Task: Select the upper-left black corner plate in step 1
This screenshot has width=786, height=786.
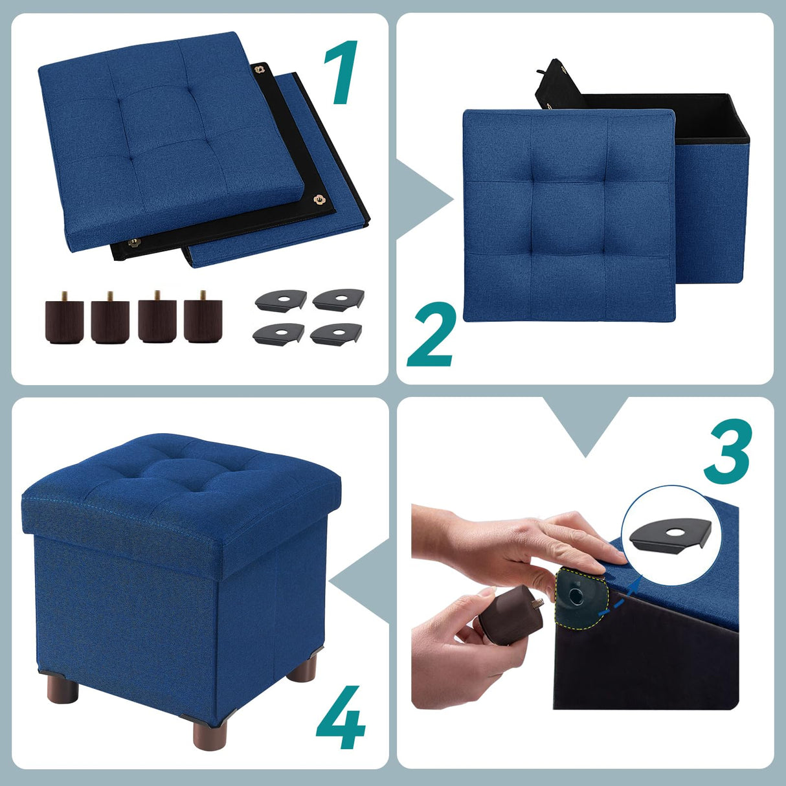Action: (x=280, y=300)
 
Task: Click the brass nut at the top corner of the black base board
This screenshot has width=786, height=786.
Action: (x=261, y=69)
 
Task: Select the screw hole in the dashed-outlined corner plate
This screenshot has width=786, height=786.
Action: (x=575, y=592)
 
